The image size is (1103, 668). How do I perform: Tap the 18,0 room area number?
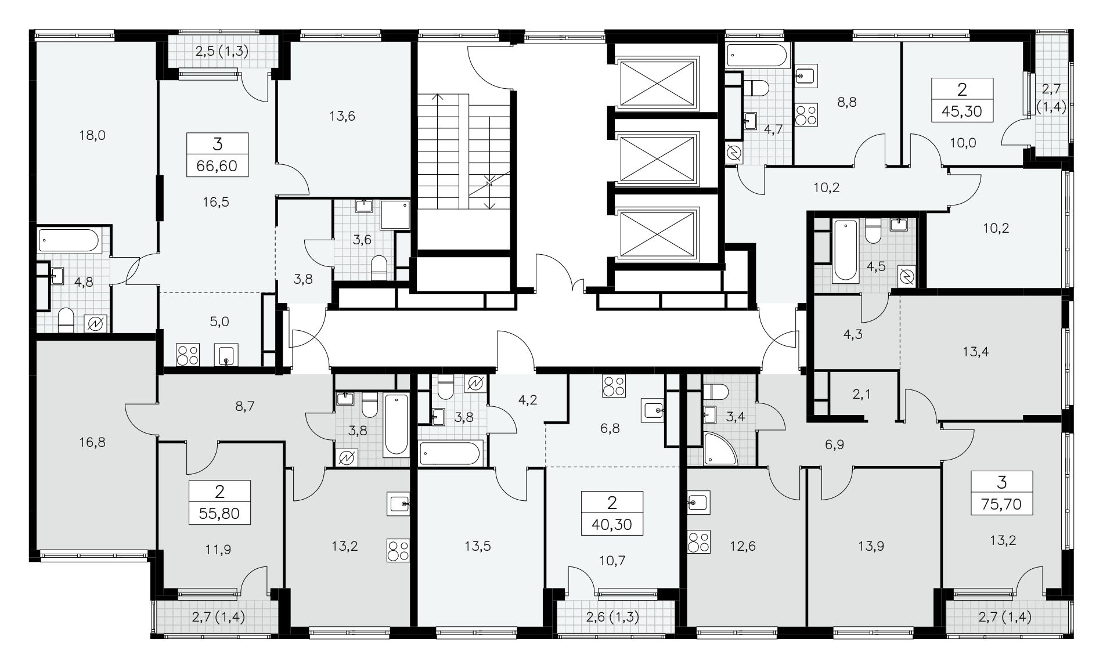(x=93, y=135)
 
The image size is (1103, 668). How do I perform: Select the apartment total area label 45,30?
(x=962, y=111)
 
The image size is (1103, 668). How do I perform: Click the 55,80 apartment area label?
(x=219, y=514)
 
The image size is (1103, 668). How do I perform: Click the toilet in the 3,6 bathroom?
(x=379, y=267)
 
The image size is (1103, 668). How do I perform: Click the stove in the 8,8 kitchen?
(x=805, y=114)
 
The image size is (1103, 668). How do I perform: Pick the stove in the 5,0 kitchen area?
(x=188, y=355)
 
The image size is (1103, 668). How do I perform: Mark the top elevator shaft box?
(x=657, y=82)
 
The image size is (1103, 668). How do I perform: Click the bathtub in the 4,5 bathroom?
(x=845, y=250)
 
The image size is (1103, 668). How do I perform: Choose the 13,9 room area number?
(x=871, y=546)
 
